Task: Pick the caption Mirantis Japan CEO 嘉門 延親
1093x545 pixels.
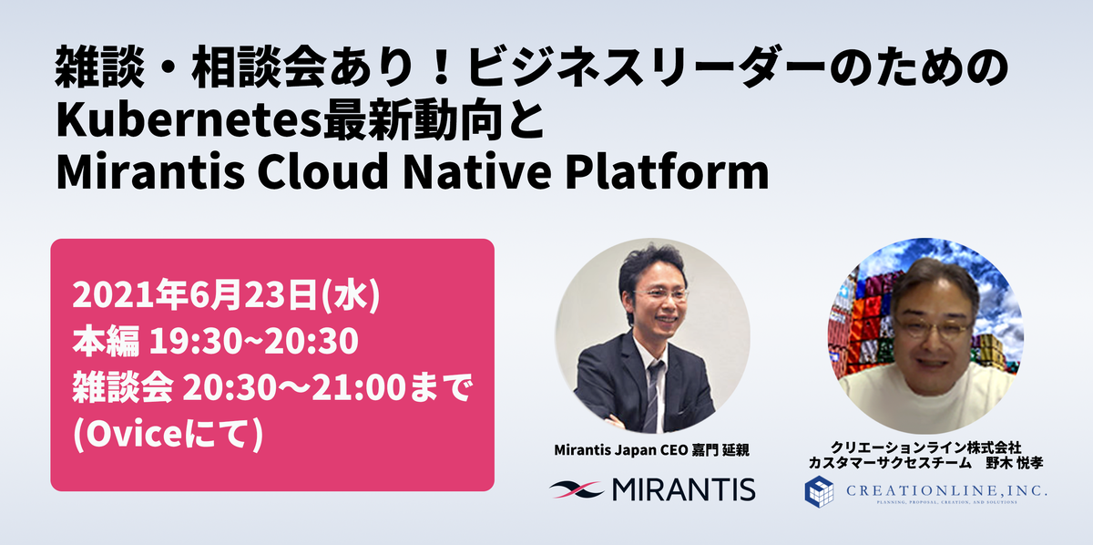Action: pyautogui.click(x=651, y=450)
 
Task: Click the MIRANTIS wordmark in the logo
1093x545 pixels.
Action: pyautogui.click(x=684, y=489)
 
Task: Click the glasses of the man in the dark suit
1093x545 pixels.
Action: pyautogui.click(x=661, y=294)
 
